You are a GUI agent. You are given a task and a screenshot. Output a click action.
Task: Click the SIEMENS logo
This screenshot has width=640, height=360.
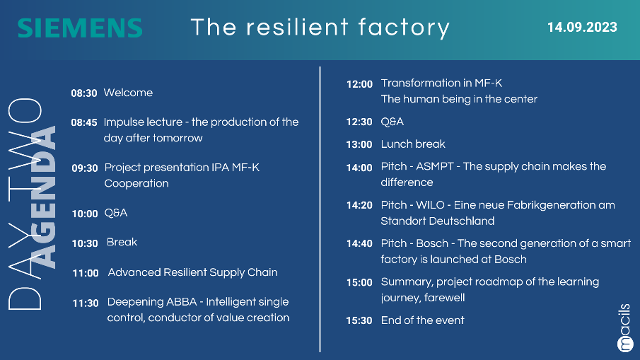pos(80,28)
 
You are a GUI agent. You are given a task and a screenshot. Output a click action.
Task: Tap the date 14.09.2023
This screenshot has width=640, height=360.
pos(582,28)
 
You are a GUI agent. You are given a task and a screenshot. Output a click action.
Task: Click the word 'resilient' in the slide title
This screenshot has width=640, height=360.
pos(297,27)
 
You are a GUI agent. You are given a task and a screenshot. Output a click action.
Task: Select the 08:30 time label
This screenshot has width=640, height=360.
pos(84,93)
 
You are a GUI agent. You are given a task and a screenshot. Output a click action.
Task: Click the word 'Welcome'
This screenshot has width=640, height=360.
pos(128,93)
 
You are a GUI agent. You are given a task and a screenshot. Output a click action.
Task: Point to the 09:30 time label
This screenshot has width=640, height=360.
pos(85,168)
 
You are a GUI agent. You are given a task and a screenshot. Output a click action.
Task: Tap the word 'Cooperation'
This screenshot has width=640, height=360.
pos(136,183)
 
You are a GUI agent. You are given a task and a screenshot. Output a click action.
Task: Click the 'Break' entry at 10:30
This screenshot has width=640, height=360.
pos(122,242)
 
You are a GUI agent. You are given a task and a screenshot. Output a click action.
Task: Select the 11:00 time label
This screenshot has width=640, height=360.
pos(86,273)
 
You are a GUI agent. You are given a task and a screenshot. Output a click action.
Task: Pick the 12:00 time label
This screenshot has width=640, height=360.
pos(359,84)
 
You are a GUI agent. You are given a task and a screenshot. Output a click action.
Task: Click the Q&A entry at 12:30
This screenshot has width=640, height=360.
pos(392,122)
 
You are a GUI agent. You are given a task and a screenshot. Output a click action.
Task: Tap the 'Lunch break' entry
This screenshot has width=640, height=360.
pos(413,144)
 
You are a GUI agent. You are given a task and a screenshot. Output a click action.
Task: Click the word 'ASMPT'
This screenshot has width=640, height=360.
pos(435,166)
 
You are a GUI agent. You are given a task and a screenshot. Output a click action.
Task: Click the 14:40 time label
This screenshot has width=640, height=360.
pos(359,244)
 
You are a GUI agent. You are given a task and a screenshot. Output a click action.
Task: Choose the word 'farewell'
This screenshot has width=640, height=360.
pos(444,298)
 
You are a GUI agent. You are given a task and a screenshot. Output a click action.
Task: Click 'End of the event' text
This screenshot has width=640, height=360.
pos(422,320)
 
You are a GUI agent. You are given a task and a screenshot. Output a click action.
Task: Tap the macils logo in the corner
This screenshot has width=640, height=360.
pos(625,327)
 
